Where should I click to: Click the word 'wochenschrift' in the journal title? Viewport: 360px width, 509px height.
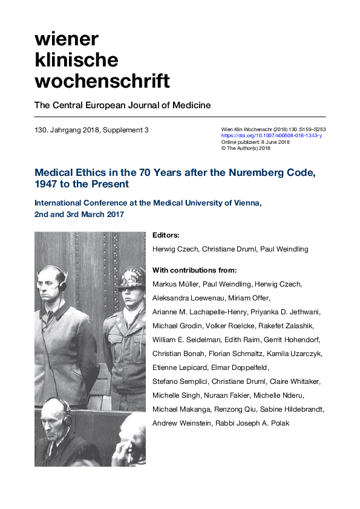pyautogui.click(x=102, y=80)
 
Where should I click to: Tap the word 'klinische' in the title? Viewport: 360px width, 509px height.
pyautogui.click(x=76, y=59)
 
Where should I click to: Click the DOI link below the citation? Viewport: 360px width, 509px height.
pyautogui.click(x=272, y=136)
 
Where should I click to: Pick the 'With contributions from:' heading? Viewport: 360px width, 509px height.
pyautogui.click(x=194, y=270)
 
